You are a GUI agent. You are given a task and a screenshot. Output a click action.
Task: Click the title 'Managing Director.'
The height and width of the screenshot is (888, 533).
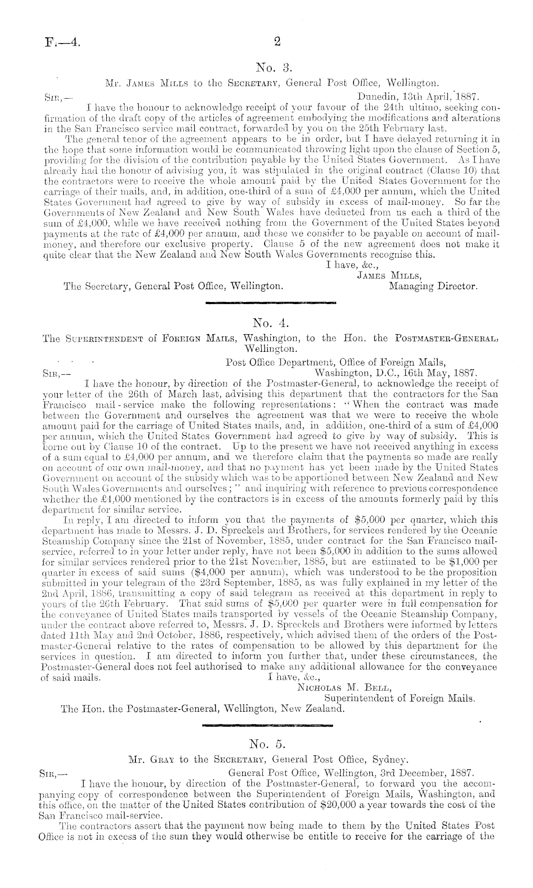433,287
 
